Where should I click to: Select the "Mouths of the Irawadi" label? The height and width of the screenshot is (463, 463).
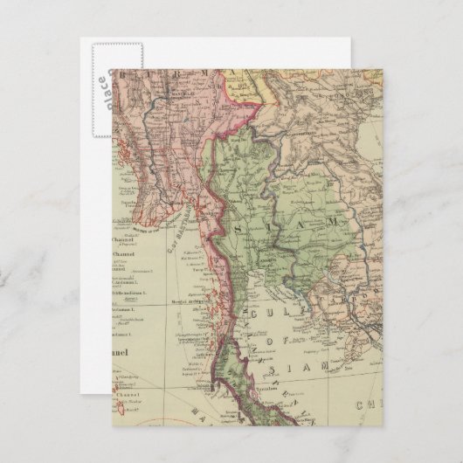pos(146,231)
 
